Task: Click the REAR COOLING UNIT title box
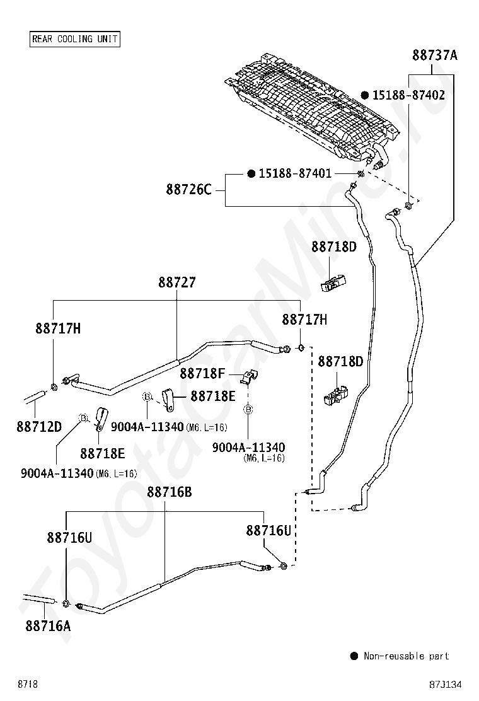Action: point(74,39)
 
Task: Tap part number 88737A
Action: point(435,55)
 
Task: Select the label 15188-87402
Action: point(408,95)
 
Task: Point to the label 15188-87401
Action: point(295,173)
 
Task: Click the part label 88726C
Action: point(188,190)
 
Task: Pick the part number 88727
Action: point(177,282)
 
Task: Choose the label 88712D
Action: point(39,427)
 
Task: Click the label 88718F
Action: point(202,373)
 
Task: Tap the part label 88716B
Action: point(170,492)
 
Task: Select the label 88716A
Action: point(48,626)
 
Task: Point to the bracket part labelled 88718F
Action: point(250,377)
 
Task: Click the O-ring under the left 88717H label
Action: point(54,386)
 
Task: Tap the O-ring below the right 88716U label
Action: point(283,567)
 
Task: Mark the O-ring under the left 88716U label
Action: point(66,605)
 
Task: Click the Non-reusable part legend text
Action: point(406,656)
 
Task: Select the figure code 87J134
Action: point(445,685)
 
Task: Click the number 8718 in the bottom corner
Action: point(28,684)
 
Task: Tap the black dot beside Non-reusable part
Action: point(354,656)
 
